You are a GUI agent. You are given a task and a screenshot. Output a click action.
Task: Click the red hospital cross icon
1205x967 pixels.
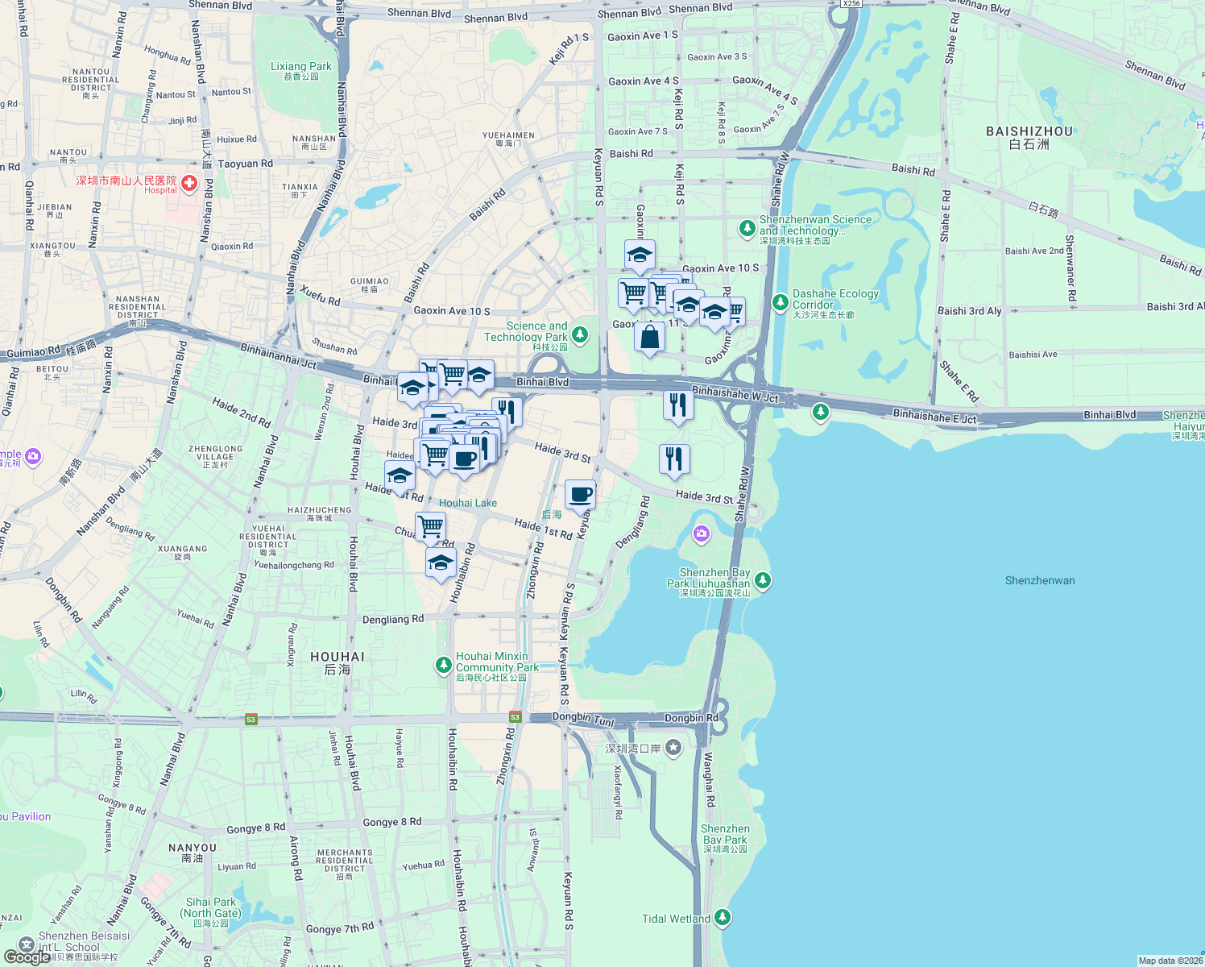point(189,184)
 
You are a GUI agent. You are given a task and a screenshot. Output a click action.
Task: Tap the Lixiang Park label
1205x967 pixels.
point(300,67)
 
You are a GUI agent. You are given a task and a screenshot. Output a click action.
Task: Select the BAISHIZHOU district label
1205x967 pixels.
point(1029,131)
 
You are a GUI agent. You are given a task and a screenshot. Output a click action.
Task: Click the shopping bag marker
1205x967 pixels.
point(649,337)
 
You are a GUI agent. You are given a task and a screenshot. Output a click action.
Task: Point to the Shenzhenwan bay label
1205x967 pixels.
point(1039,580)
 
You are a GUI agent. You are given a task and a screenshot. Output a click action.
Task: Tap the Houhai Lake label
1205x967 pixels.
point(467,503)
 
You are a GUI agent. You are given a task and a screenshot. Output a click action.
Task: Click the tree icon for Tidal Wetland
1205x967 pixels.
point(723,917)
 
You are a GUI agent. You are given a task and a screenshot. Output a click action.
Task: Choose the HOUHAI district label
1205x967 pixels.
point(337,657)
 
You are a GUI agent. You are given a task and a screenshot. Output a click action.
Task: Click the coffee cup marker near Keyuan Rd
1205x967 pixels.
point(580,494)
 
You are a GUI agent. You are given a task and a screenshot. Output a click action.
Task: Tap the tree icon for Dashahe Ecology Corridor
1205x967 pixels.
point(780,302)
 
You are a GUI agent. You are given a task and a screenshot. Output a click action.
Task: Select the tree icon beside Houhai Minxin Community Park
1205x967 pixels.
point(443,665)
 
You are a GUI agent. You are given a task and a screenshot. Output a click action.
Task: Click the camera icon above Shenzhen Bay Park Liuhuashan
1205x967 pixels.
point(702,533)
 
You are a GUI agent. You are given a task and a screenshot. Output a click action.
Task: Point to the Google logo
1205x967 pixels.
point(26,957)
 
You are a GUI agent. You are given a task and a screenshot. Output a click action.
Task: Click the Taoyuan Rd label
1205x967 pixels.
point(245,164)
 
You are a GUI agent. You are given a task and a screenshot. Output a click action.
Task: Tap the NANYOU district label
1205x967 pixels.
point(193,848)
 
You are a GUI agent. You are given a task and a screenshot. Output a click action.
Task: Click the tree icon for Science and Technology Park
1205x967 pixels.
point(580,334)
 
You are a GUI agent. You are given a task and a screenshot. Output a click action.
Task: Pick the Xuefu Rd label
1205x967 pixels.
point(320,295)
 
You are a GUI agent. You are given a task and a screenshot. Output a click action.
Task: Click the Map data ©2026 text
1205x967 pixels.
point(1170,961)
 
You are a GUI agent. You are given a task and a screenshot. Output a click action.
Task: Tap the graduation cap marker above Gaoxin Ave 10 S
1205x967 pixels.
point(640,255)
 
